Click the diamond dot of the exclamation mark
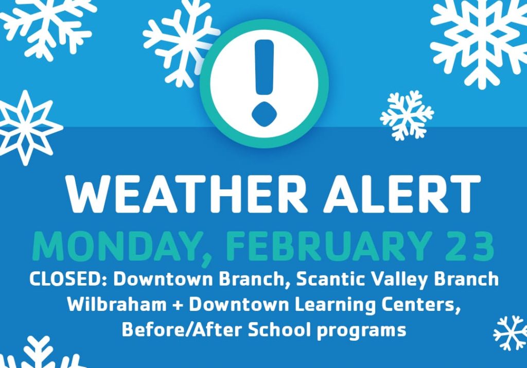point(264,114)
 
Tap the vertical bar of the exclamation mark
point(264,67)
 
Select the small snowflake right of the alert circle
point(407,116)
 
